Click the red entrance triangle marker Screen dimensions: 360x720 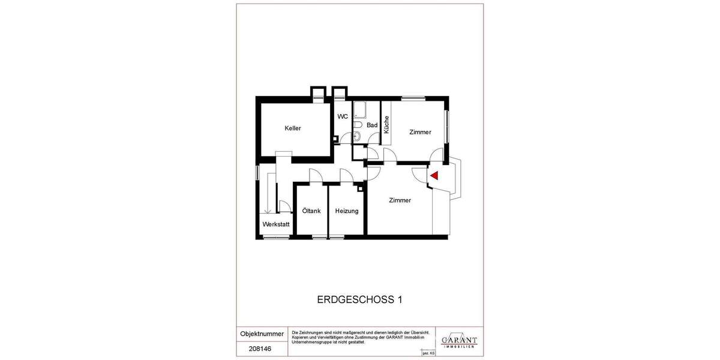[434, 175]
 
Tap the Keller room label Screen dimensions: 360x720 [293, 128]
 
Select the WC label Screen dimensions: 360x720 [343, 116]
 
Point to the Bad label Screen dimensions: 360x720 [372, 125]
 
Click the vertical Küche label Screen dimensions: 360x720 [386, 124]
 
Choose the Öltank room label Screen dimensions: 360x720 [311, 211]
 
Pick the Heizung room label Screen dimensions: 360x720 [347, 211]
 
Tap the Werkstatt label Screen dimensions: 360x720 [276, 225]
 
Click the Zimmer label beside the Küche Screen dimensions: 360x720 [420, 132]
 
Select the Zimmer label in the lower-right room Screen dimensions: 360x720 [400, 200]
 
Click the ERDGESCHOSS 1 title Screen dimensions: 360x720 [359, 298]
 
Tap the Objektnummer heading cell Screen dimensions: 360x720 [262, 333]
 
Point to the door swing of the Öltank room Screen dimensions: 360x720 [314, 176]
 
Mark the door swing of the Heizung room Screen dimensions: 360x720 [346, 176]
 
